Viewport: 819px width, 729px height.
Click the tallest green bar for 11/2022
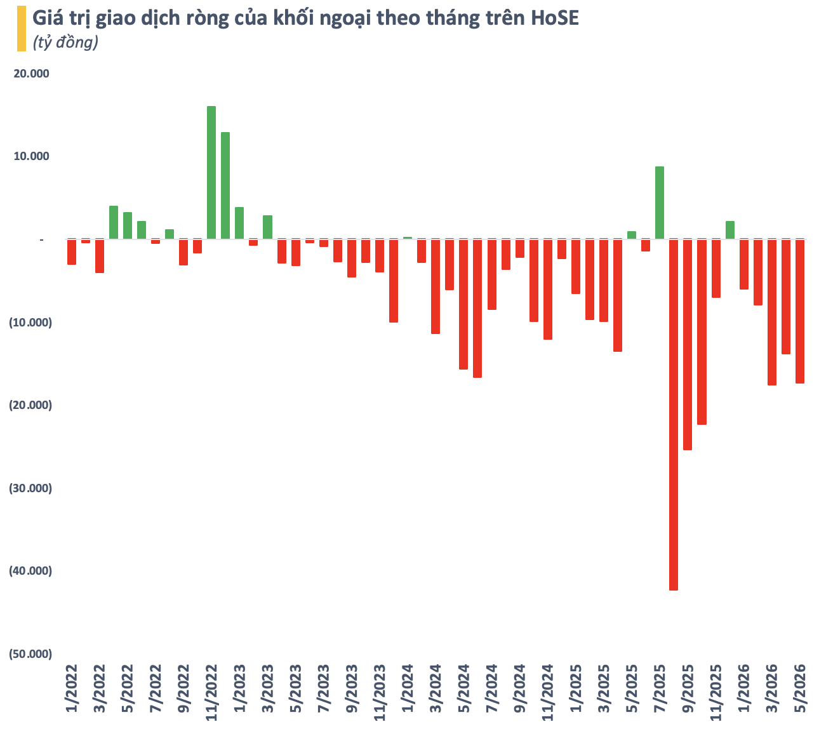point(211,173)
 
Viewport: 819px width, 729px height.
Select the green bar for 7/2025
point(659,203)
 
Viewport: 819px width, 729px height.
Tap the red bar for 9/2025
point(687,344)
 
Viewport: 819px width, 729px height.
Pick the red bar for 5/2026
point(799,311)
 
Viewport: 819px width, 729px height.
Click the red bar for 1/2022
point(72,251)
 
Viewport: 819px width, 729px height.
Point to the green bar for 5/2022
point(128,225)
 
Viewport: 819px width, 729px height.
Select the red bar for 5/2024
point(463,304)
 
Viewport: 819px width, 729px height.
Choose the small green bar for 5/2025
point(632,236)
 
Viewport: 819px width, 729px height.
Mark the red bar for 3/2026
point(772,312)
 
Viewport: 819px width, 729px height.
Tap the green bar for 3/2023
point(268,227)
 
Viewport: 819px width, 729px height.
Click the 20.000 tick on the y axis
point(31,74)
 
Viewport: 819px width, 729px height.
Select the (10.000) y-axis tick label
point(30,323)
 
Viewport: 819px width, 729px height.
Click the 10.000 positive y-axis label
point(31,156)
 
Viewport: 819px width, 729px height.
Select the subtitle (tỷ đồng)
point(65,42)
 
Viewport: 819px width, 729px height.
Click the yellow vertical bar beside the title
point(22,29)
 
